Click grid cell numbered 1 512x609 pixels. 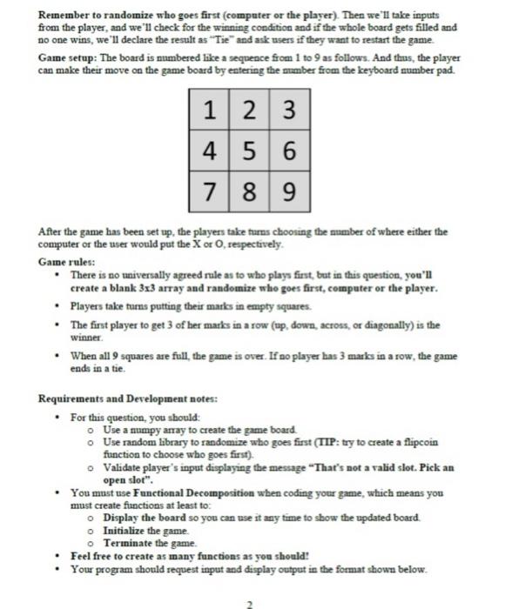209,110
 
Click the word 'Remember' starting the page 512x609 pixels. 64,16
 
